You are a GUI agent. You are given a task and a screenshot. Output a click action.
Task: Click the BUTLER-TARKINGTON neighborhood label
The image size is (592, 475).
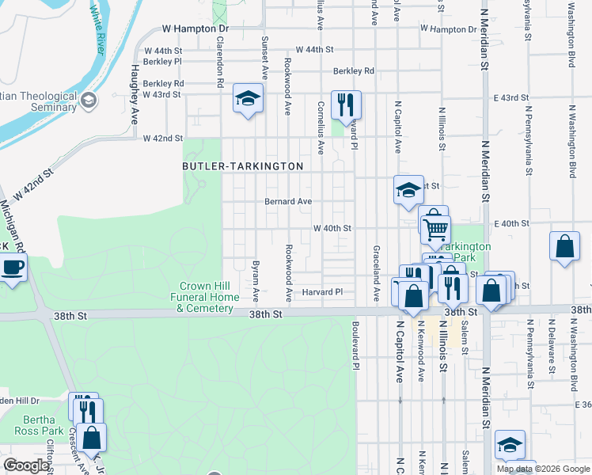click(243, 166)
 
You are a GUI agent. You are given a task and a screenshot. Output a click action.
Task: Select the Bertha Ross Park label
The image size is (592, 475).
click(39, 425)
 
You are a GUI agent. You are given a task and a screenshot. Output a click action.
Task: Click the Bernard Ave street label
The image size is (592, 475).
click(288, 201)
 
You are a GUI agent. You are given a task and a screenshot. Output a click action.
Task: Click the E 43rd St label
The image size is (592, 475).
click(510, 98)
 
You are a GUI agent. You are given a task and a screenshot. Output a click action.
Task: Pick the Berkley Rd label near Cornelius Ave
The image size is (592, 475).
click(353, 70)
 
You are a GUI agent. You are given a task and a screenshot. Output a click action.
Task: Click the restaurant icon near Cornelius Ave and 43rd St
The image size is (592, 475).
click(346, 104)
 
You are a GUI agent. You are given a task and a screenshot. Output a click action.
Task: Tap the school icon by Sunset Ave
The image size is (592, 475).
click(248, 100)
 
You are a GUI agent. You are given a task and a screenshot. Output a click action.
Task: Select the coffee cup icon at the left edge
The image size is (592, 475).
click(13, 267)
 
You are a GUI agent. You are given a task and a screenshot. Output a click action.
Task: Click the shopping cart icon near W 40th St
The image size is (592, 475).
click(435, 230)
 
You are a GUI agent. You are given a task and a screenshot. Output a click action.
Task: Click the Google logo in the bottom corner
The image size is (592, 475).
click(26, 465)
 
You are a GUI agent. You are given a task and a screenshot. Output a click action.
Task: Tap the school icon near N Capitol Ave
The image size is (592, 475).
click(408, 190)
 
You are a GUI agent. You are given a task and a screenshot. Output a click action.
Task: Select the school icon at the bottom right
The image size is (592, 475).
click(510, 445)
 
